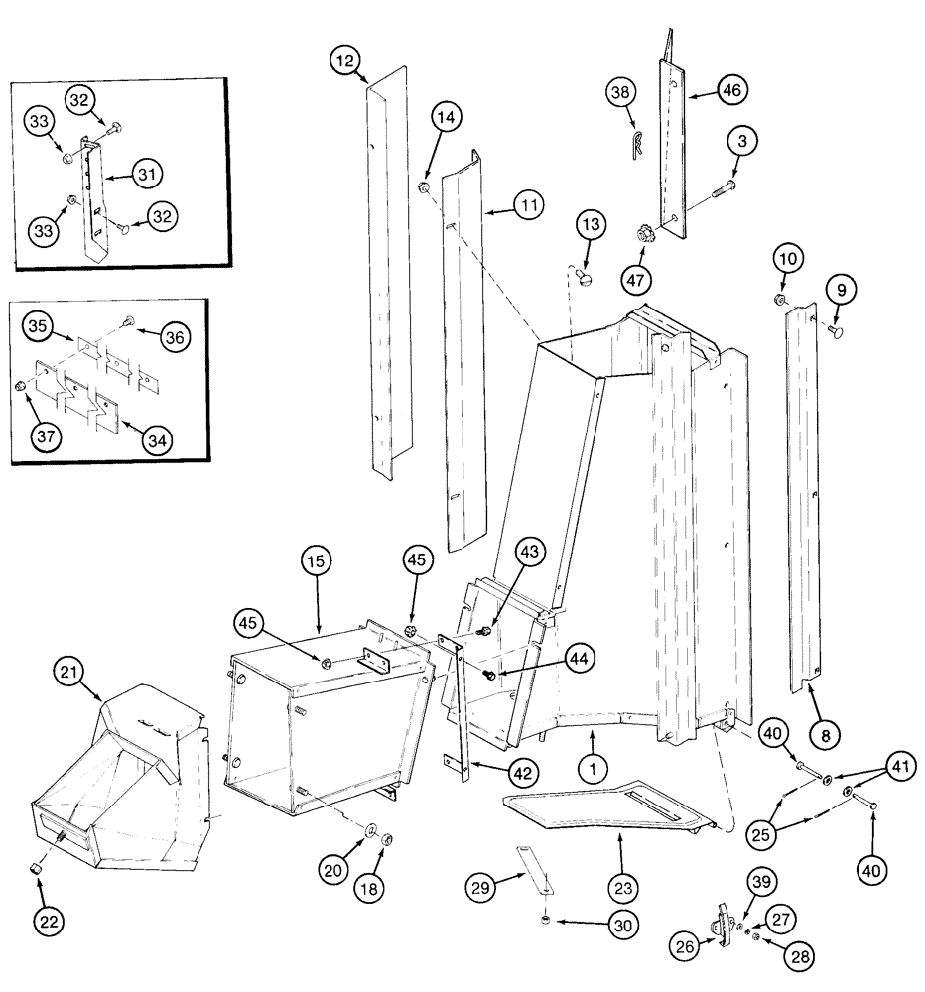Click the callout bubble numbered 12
tap(344, 62)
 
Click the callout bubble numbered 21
tap(67, 675)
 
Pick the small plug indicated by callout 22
tap(36, 869)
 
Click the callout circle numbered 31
tap(147, 175)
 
